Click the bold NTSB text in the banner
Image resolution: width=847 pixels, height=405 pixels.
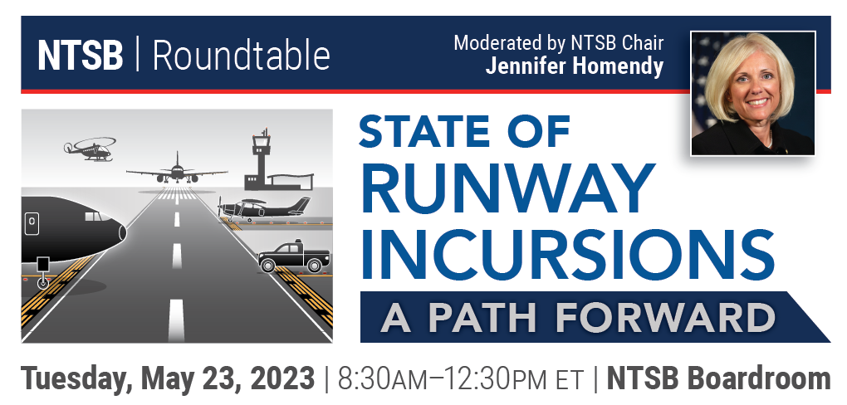point(81,55)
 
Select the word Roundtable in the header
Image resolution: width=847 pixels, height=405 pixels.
point(242,55)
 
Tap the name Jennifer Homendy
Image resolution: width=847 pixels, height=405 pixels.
point(574,66)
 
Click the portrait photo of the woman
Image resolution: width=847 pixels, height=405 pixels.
point(752,94)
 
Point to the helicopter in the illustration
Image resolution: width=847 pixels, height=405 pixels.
point(91,149)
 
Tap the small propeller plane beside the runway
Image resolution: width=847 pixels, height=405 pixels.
point(264,209)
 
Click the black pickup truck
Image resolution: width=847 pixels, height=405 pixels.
point(294,256)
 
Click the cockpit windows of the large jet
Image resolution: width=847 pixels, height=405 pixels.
point(94,217)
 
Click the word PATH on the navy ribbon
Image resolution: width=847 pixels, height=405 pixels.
point(482,317)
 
